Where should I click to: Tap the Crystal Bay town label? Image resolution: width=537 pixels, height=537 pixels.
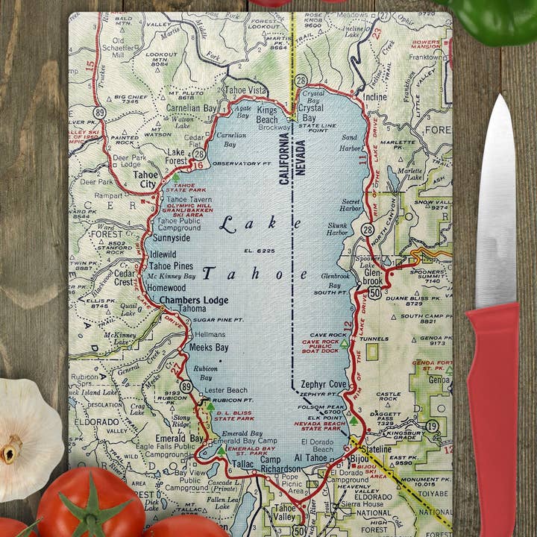pyautogui.click(x=310, y=107)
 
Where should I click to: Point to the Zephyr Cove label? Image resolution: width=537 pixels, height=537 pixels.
pyautogui.click(x=324, y=384)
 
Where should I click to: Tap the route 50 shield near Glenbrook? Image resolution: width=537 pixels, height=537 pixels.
pyautogui.click(x=374, y=293)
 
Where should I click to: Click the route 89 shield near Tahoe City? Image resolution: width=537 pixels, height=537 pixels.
pyautogui.click(x=99, y=112)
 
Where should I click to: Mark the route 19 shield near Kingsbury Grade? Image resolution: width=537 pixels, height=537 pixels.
pyautogui.click(x=432, y=426)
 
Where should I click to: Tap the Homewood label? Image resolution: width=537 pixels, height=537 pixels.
pyautogui.click(x=166, y=286)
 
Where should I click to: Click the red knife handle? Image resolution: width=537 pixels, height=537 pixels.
pyautogui.click(x=492, y=418)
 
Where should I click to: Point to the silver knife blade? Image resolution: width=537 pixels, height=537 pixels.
pyautogui.click(x=495, y=201)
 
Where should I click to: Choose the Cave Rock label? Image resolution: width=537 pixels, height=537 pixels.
pyautogui.click(x=329, y=335)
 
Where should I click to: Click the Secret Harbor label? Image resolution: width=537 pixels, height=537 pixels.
pyautogui.click(x=351, y=204)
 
